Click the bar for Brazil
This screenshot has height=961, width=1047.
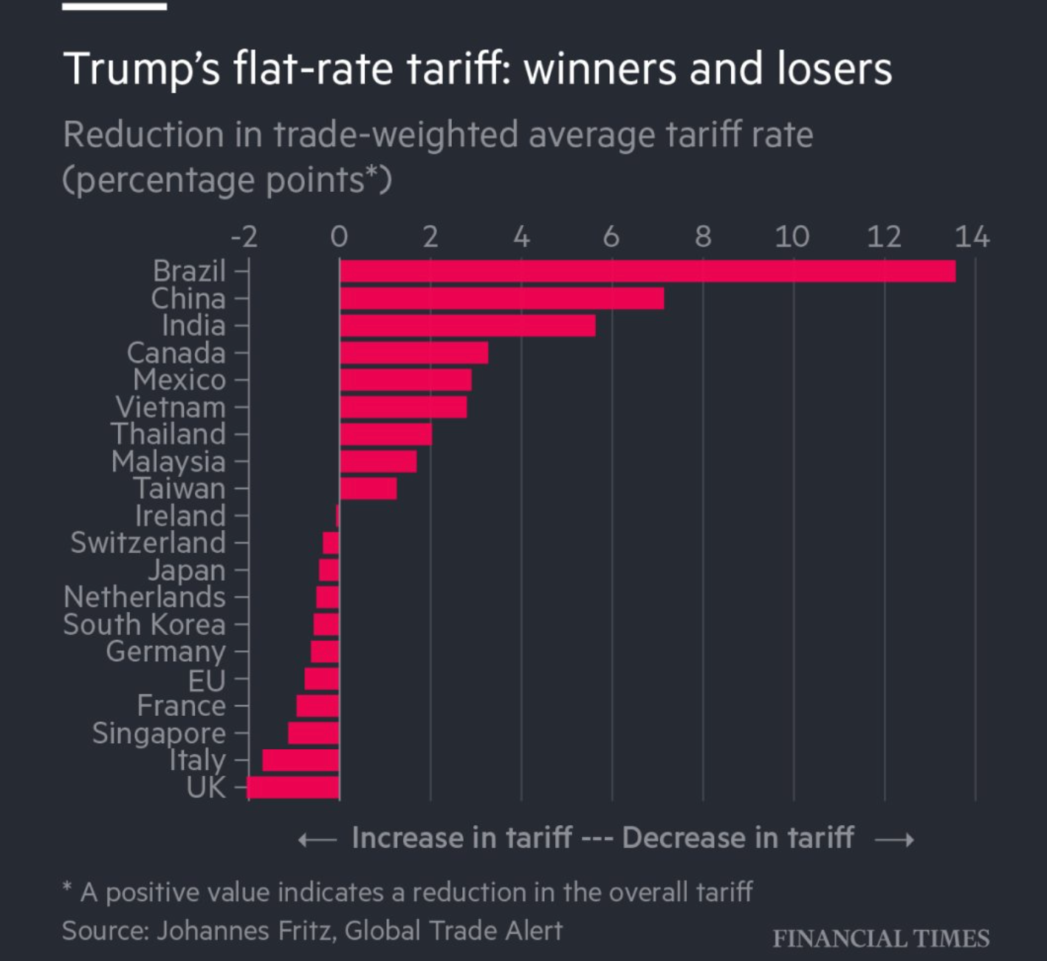pyautogui.click(x=648, y=271)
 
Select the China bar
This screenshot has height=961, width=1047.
pyautogui.click(x=502, y=298)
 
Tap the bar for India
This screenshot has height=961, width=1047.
pyautogui.click(x=467, y=325)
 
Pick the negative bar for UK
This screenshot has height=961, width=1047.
pyautogui.click(x=293, y=788)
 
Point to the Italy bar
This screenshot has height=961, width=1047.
pyautogui.click(x=301, y=760)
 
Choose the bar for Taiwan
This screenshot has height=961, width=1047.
pyautogui.click(x=368, y=489)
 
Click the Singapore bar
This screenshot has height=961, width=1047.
pyautogui.click(x=314, y=733)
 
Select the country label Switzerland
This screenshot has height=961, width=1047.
pyautogui.click(x=148, y=542)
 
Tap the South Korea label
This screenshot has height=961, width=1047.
pyautogui.click(x=144, y=624)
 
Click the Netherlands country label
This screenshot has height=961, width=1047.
pyautogui.click(x=145, y=597)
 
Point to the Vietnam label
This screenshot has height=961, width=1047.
pyautogui.click(x=171, y=407)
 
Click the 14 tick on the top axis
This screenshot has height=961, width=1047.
pyautogui.click(x=972, y=237)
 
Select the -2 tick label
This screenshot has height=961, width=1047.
pyautogui.click(x=244, y=237)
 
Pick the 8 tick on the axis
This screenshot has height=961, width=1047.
pyautogui.click(x=703, y=237)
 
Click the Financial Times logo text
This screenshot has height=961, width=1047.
pyautogui.click(x=881, y=938)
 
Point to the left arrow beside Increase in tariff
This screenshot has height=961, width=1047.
pyautogui.click(x=317, y=840)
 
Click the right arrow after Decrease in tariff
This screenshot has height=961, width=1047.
pyautogui.click(x=894, y=840)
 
